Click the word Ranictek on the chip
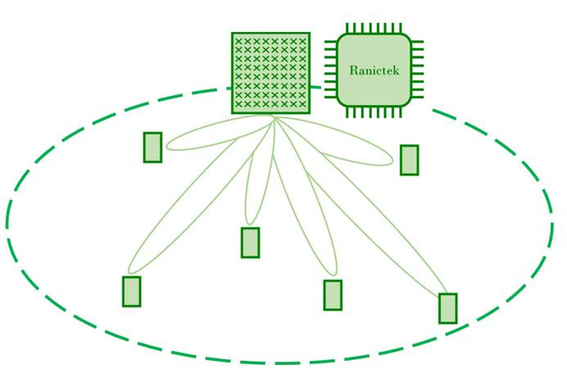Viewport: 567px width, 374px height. pyautogui.click(x=374, y=71)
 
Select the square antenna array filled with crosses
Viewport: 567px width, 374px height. pyautogui.click(x=270, y=72)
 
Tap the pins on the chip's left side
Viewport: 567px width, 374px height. pyautogui.click(x=330, y=71)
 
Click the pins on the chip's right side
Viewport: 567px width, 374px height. pyautogui.click(x=418, y=71)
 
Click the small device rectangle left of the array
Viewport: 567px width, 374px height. pyautogui.click(x=152, y=148)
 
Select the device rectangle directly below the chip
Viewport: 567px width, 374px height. pyautogui.click(x=409, y=160)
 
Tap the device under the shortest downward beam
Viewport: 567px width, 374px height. pyautogui.click(x=250, y=242)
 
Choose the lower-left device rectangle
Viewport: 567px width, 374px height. pyautogui.click(x=131, y=291)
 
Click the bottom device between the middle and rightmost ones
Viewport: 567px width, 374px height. pyautogui.click(x=332, y=295)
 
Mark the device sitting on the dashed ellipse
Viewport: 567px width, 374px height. pyautogui.click(x=447, y=308)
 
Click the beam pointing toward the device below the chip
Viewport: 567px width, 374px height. pyautogui.click(x=352, y=152)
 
